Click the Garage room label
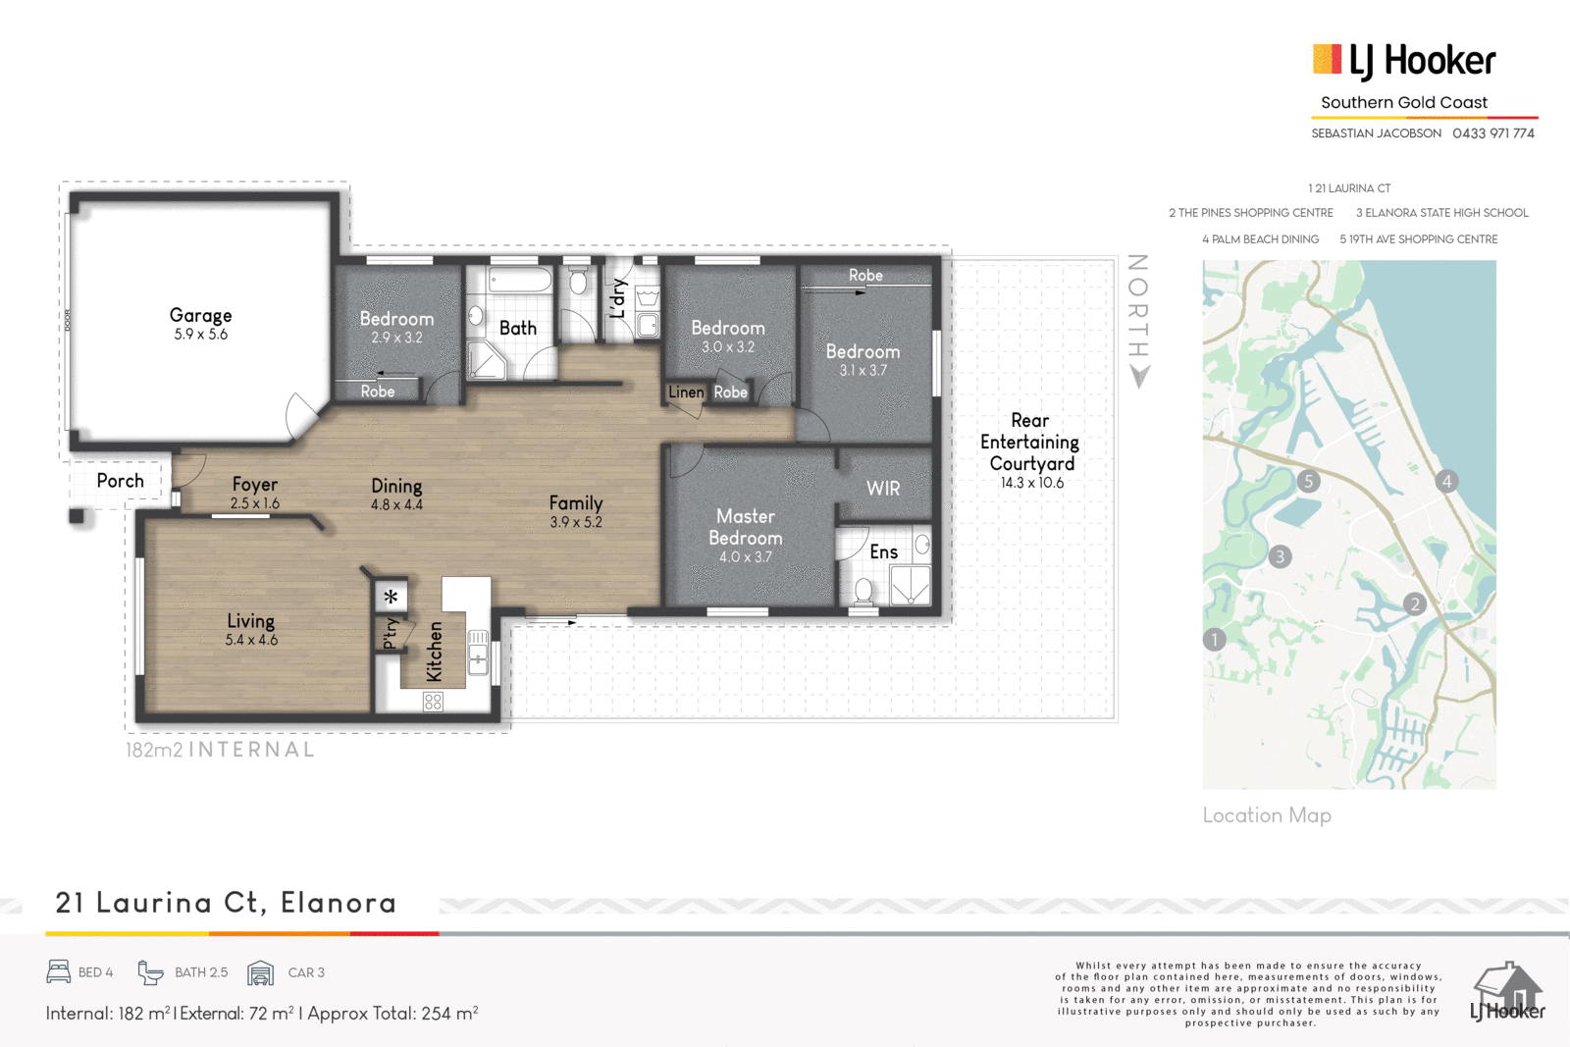click(x=200, y=315)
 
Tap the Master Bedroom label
click(x=745, y=527)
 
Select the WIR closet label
click(x=882, y=489)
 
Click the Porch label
click(x=120, y=481)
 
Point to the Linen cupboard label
click(x=686, y=393)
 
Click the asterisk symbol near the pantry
click(x=391, y=597)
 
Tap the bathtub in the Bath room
click(x=520, y=281)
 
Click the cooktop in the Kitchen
click(x=433, y=702)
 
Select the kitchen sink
click(x=478, y=653)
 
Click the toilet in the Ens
click(x=863, y=592)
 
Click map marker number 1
click(x=1214, y=639)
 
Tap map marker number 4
click(x=1446, y=482)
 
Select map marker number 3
click(x=1280, y=556)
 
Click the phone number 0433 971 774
click(x=1492, y=133)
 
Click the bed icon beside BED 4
click(x=59, y=972)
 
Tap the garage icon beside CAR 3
click(x=260, y=972)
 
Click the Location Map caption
click(x=1267, y=815)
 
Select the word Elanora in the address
click(x=339, y=903)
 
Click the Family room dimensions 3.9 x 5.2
click(x=575, y=522)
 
